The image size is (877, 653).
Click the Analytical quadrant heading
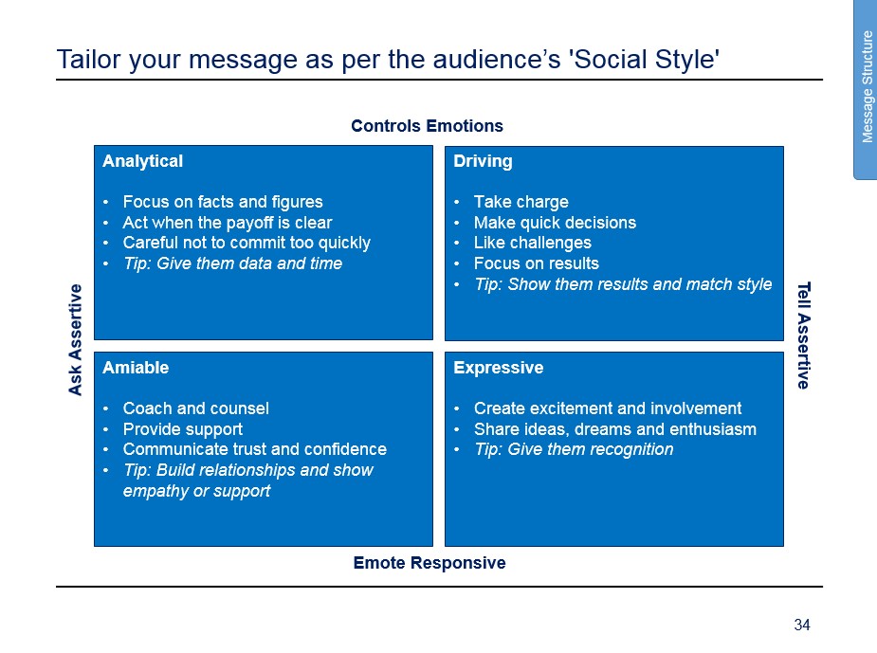click(142, 161)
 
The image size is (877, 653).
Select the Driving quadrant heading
click(483, 161)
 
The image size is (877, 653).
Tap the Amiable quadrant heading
click(136, 368)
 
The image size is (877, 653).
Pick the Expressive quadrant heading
click(499, 368)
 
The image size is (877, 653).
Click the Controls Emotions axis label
click(427, 126)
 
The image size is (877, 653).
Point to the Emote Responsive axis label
click(429, 562)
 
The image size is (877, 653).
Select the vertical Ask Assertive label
click(75, 340)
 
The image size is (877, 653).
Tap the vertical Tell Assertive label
click(804, 335)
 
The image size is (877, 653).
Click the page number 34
click(802, 625)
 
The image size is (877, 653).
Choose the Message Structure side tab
click(867, 87)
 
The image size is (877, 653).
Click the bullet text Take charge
click(521, 201)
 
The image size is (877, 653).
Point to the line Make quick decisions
click(555, 223)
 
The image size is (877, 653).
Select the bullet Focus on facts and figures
click(223, 201)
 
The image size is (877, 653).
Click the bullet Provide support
click(183, 428)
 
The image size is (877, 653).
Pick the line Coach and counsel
click(195, 408)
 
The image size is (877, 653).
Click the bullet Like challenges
click(533, 243)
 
